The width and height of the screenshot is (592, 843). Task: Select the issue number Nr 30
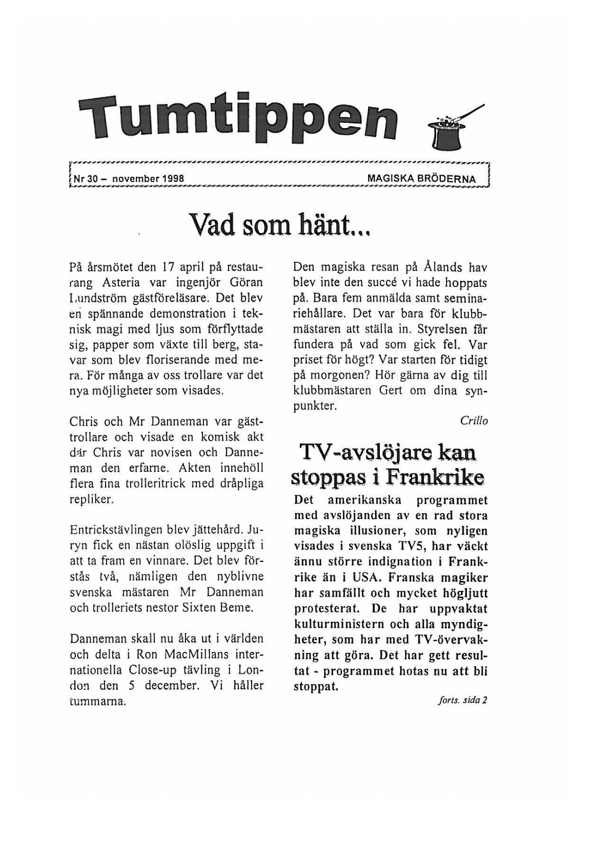[86, 179]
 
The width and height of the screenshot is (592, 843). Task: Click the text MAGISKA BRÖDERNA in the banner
[421, 179]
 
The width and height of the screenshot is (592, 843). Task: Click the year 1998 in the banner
[173, 179]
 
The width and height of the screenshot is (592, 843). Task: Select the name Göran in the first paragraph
[247, 282]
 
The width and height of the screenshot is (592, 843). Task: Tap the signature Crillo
[474, 421]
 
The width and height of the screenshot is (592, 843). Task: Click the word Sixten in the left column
[205, 608]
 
